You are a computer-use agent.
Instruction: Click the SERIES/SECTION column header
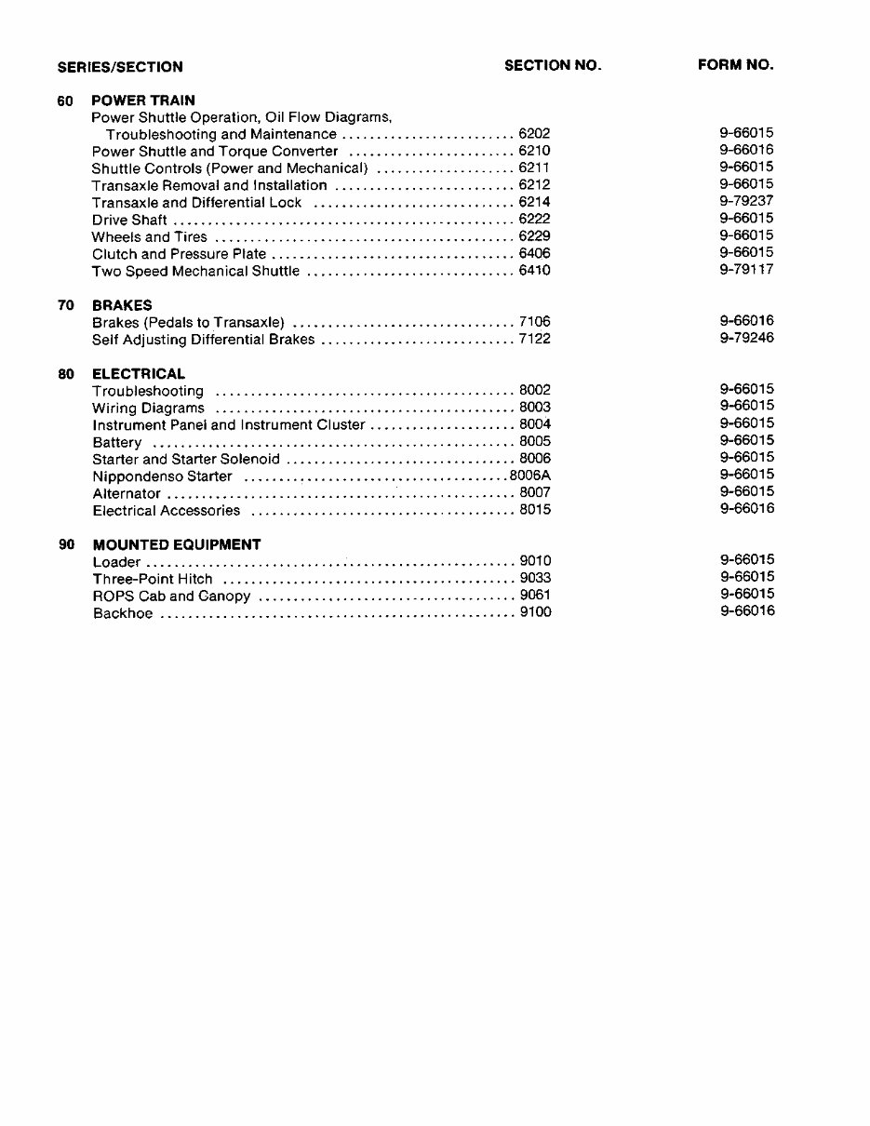click(120, 67)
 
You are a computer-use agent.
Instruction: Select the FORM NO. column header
click(735, 65)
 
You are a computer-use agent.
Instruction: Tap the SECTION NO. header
click(553, 65)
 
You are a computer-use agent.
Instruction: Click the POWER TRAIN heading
click(143, 101)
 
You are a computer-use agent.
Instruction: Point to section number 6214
click(534, 202)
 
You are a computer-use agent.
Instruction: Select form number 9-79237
click(746, 201)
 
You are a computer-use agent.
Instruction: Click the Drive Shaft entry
click(129, 221)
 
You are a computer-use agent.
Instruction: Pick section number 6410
click(534, 271)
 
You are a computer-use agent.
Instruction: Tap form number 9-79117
click(746, 270)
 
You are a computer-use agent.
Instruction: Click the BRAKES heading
click(122, 305)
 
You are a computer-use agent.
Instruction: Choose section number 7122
click(534, 340)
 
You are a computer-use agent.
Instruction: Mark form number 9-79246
click(746, 338)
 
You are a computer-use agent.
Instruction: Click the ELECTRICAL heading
click(139, 374)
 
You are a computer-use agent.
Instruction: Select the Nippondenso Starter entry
click(162, 476)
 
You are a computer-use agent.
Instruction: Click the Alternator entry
click(127, 494)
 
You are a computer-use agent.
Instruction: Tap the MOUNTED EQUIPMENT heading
click(177, 545)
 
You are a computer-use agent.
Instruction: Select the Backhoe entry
click(123, 613)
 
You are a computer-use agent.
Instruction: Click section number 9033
click(535, 579)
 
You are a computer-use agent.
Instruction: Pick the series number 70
click(66, 305)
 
